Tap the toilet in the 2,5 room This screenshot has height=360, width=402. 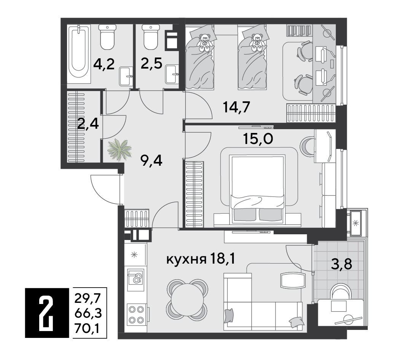[151, 37]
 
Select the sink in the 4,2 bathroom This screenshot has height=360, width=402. [126, 76]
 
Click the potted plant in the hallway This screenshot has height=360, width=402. [120, 150]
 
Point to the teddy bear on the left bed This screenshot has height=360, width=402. [204, 43]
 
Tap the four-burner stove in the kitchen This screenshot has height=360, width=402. [136, 315]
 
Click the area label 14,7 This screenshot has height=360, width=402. [236, 107]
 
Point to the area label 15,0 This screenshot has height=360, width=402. [258, 139]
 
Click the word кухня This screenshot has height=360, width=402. [187, 260]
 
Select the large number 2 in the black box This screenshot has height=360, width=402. [47, 313]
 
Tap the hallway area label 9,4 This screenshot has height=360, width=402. [151, 161]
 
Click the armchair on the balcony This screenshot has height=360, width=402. [340, 291]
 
